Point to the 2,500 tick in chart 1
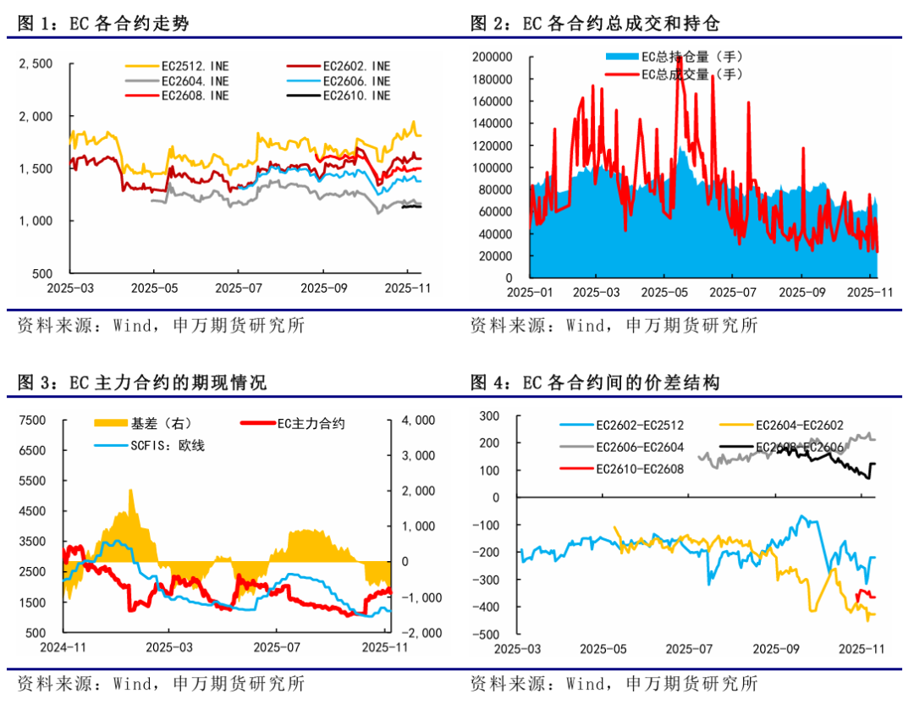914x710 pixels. click(36, 63)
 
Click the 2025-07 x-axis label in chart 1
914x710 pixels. click(238, 288)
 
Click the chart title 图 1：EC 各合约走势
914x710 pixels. click(103, 24)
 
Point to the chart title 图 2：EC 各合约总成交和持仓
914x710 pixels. click(596, 24)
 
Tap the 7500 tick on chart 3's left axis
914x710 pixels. click(34, 420)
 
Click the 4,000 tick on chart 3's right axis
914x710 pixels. click(417, 420)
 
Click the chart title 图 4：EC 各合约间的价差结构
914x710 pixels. click(596, 383)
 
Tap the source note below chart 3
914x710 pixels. click(161, 683)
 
